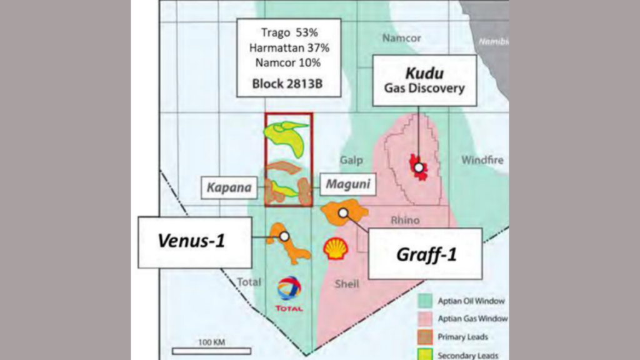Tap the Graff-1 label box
tap(424, 253)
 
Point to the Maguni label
tap(348, 185)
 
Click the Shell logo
tap(336, 249)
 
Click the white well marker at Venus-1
tap(284, 237)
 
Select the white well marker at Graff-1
tap(343, 213)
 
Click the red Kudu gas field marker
tap(418, 167)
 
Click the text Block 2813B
tap(287, 83)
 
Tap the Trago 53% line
tap(287, 32)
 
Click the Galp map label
tap(351, 161)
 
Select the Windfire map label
tap(482, 160)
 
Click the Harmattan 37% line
tap(287, 47)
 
